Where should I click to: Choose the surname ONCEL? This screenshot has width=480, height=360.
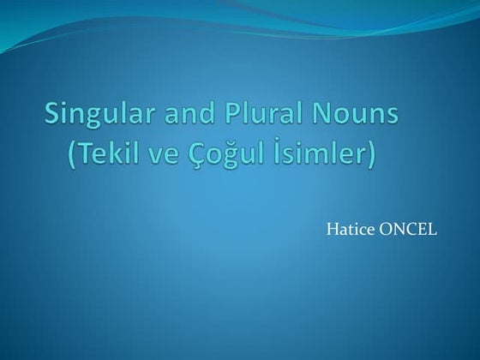(409, 230)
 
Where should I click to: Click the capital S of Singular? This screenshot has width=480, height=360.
(51, 114)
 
